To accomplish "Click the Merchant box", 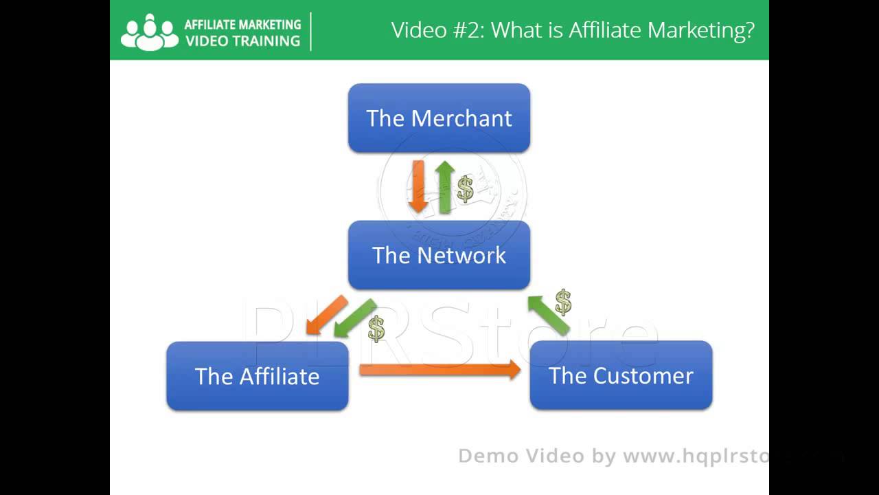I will click(439, 118).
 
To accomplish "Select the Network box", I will click(439, 255).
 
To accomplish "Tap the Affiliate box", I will click(257, 376).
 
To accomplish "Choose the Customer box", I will click(621, 375).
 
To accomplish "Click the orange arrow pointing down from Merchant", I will click(418, 186).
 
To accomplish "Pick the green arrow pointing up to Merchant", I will click(445, 186).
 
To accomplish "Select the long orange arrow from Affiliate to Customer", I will click(439, 369).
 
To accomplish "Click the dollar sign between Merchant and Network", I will click(466, 188).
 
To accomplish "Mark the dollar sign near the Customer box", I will click(563, 302).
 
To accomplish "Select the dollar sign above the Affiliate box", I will click(376, 329).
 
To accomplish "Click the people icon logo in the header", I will click(149, 32).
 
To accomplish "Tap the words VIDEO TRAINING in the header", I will click(242, 41).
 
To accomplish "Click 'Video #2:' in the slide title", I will click(437, 30).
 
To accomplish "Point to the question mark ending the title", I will click(749, 30).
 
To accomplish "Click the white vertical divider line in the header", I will click(311, 31).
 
